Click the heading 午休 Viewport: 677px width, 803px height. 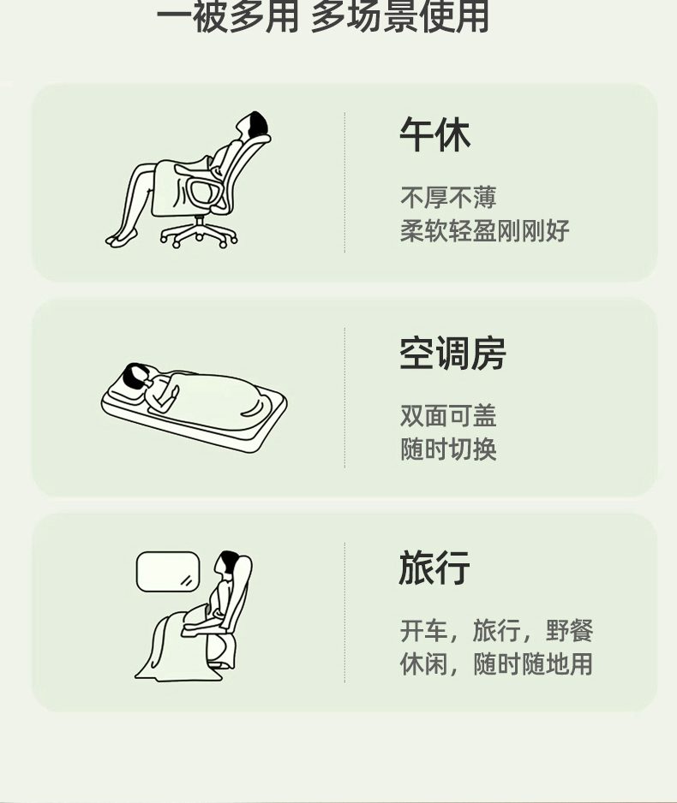434,134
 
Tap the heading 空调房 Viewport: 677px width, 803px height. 452,354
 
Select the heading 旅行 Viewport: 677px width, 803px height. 434,568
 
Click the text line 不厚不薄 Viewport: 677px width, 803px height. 448,198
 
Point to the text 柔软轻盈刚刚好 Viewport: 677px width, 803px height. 485,231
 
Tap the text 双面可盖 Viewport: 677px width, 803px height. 448,416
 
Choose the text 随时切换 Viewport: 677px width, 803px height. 448,449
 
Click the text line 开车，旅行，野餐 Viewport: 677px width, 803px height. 496,630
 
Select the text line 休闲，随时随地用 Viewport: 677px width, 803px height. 496,664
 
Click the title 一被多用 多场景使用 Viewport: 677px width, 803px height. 323,17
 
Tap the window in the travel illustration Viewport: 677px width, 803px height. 168,572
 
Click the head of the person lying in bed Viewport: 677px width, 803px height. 135,375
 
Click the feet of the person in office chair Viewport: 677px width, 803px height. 122,238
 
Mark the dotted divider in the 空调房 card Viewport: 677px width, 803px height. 344,397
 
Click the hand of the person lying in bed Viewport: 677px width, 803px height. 174,392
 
